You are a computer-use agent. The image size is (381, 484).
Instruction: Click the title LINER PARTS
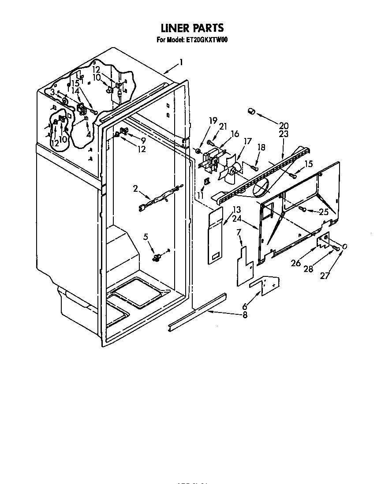click(192, 29)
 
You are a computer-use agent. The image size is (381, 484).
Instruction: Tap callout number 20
click(283, 125)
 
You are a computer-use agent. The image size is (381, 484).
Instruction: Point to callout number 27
click(325, 276)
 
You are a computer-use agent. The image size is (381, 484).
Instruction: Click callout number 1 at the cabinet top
click(181, 63)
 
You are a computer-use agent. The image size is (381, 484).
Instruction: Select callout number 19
click(213, 120)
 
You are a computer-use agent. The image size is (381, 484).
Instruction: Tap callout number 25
click(324, 212)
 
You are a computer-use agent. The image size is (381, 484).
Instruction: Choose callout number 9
click(143, 140)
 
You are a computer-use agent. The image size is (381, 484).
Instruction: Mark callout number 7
click(239, 232)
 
